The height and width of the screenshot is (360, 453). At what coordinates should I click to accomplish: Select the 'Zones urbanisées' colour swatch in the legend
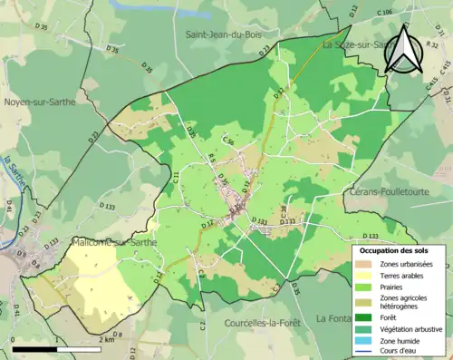pos(366,263)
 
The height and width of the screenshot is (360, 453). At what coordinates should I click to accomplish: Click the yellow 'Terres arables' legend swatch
pos(366,276)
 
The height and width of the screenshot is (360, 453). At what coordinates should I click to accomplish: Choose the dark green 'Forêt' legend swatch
pos(366,316)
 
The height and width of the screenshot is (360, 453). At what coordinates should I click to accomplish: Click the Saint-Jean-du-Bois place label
pos(223,35)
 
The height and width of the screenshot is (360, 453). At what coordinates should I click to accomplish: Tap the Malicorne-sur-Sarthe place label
pos(115,242)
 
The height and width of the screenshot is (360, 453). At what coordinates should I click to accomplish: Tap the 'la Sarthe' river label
pos(13,171)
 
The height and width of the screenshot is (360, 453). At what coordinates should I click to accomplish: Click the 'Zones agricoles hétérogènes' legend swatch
pos(366,302)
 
